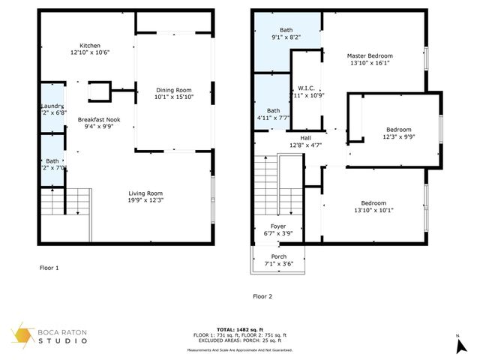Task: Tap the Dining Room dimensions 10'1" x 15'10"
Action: pyautogui.click(x=173, y=97)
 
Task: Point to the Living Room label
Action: pyautogui.click(x=145, y=193)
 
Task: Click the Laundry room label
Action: pyautogui.click(x=52, y=106)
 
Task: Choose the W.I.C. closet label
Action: pyautogui.click(x=304, y=88)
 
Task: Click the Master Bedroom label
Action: pyautogui.click(x=369, y=56)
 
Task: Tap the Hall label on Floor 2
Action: pyautogui.click(x=305, y=138)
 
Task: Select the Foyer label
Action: pyautogui.click(x=277, y=226)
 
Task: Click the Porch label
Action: pyautogui.click(x=278, y=256)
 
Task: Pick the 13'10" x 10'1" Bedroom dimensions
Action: pyautogui.click(x=373, y=210)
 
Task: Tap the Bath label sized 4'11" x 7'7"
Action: pyautogui.click(x=273, y=110)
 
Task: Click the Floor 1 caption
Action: pyautogui.click(x=49, y=267)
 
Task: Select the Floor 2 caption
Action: pyautogui.click(x=262, y=296)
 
